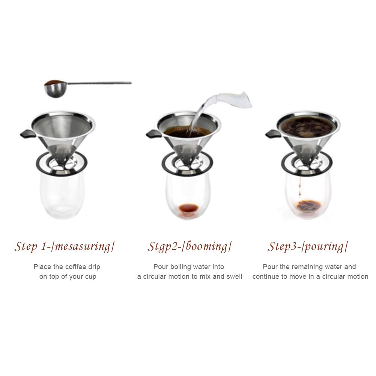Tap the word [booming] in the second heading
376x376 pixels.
click(x=209, y=247)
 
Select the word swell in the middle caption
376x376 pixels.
click(x=234, y=277)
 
